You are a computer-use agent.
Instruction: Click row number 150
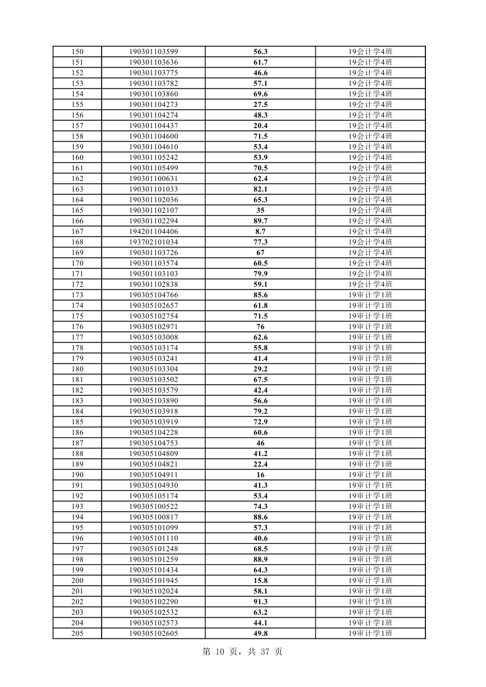pyautogui.click(x=77, y=52)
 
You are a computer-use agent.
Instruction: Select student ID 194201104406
pyautogui.click(x=153, y=232)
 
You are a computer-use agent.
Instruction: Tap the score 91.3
pyautogui.click(x=260, y=602)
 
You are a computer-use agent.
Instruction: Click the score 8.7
pyautogui.click(x=260, y=232)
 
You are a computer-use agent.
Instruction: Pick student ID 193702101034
pyautogui.click(x=153, y=242)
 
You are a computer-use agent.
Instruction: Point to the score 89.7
pyautogui.click(x=260, y=221)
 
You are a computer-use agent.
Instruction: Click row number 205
pyautogui.click(x=77, y=634)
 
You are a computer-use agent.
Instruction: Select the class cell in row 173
pyautogui.click(x=370, y=295)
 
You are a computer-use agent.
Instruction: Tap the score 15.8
pyautogui.click(x=260, y=581)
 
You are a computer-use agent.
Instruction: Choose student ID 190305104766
pyautogui.click(x=153, y=295)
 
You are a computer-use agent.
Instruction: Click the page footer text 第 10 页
pyautogui.click(x=223, y=652)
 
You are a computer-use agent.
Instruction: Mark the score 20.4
pyautogui.click(x=260, y=126)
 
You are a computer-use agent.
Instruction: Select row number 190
pyautogui.click(x=77, y=475)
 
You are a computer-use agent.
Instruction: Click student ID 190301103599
pyautogui.click(x=153, y=52)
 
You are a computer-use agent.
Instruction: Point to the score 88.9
pyautogui.click(x=260, y=559)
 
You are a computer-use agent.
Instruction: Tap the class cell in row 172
pyautogui.click(x=370, y=284)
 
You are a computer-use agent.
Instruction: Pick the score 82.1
pyautogui.click(x=260, y=189)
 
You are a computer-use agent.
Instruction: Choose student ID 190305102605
pyautogui.click(x=153, y=634)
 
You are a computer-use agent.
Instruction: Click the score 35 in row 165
pyautogui.click(x=260, y=210)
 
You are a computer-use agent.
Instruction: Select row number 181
pyautogui.click(x=77, y=380)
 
